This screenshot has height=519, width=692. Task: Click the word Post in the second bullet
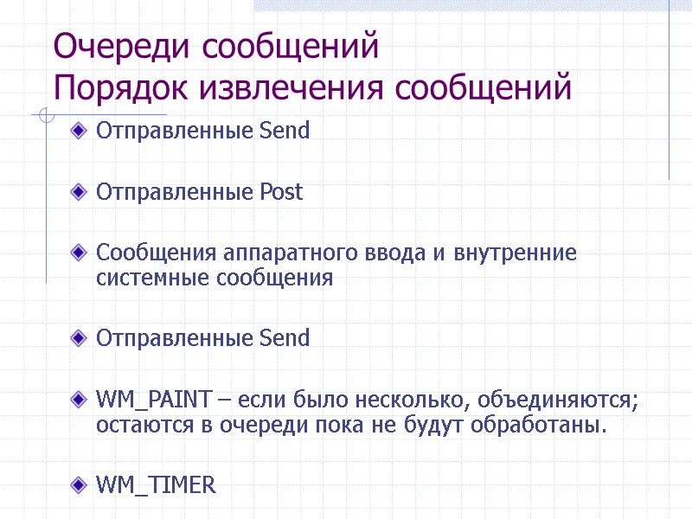(x=282, y=192)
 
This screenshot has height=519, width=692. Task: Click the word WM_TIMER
(x=156, y=485)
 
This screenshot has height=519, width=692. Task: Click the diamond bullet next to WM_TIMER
(x=80, y=484)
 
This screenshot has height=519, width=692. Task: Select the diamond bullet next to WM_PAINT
(x=80, y=400)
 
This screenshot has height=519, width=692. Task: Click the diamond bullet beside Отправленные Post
(x=80, y=191)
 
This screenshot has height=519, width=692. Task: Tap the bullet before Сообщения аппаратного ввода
(x=80, y=253)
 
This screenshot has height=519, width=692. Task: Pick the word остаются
(x=139, y=426)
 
